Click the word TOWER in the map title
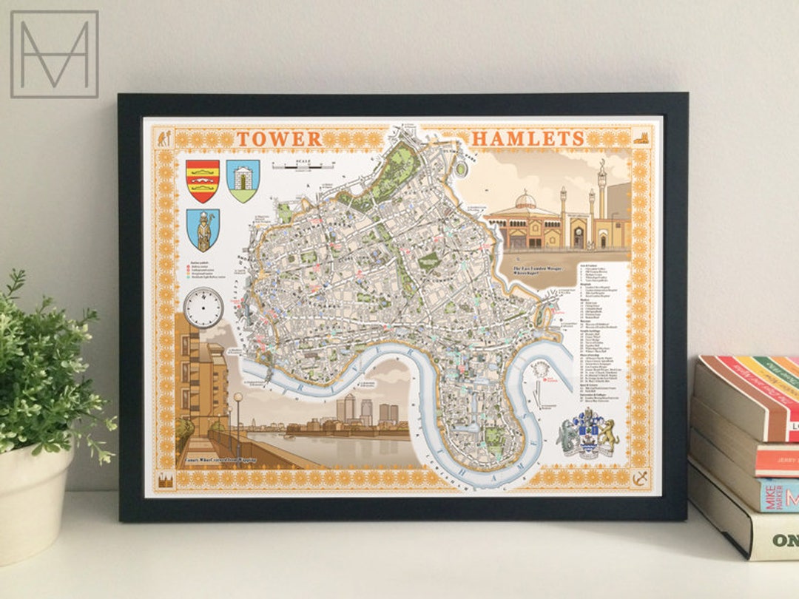pos(279,138)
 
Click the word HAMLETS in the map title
pos(527,138)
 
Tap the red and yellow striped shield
pos(202,180)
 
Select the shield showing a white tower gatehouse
pos(243,180)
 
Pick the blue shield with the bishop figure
pos(202,229)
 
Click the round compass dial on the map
pos(203,307)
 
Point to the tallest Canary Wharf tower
pos(349,408)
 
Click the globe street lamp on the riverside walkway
pos(238,399)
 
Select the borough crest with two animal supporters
pos(588,437)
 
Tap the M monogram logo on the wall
pos(54,54)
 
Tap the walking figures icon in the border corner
pos(164,138)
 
